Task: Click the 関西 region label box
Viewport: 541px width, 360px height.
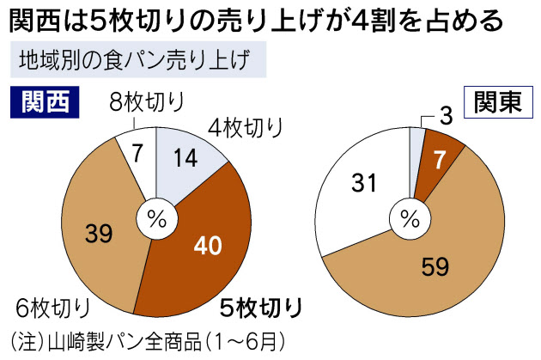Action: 44,103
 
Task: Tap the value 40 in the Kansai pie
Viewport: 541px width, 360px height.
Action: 207,246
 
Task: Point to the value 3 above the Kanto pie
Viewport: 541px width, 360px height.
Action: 446,113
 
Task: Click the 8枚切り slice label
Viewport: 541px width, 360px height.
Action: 147,105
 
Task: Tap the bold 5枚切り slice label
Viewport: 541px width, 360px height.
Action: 260,307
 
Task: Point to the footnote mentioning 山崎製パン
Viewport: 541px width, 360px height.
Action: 142,339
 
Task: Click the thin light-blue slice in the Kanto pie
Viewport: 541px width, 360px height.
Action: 416,144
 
